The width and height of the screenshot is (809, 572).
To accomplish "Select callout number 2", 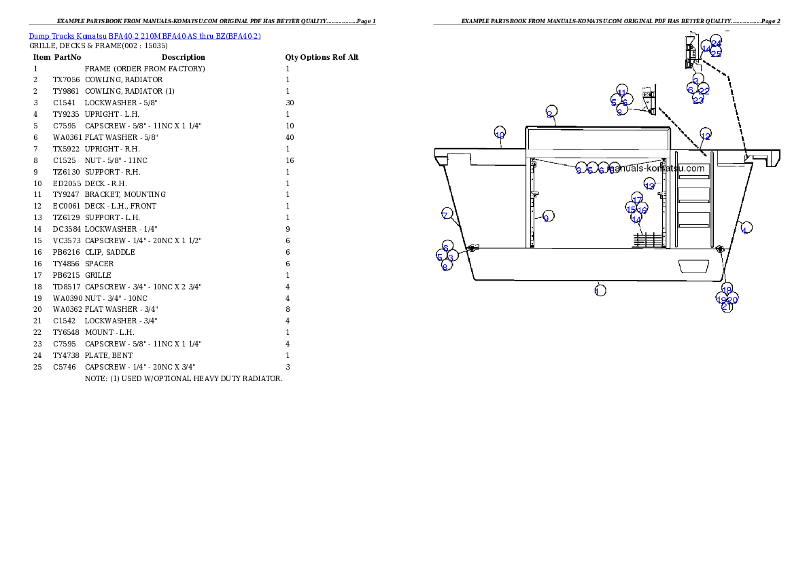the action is [551, 112].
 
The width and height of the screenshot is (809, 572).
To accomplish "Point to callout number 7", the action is [446, 215].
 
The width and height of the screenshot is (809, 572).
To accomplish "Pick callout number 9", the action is [547, 217].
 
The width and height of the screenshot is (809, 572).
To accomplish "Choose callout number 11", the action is [621, 92].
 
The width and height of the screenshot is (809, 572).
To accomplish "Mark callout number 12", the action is [705, 135].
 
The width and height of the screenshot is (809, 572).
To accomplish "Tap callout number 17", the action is [637, 199].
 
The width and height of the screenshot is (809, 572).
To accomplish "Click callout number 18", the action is [727, 289].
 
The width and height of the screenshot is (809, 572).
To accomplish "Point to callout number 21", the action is [727, 306].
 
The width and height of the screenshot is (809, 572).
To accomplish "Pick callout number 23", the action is [698, 99].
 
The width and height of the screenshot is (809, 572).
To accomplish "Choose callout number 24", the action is [717, 42].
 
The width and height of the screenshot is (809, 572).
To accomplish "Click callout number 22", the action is [704, 90].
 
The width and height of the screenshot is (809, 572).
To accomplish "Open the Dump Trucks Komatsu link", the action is [145, 35].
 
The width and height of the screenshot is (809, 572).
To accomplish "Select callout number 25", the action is [716, 52].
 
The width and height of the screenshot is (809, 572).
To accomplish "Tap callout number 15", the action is [631, 209].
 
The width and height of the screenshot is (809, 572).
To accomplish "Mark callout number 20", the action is [733, 299].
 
